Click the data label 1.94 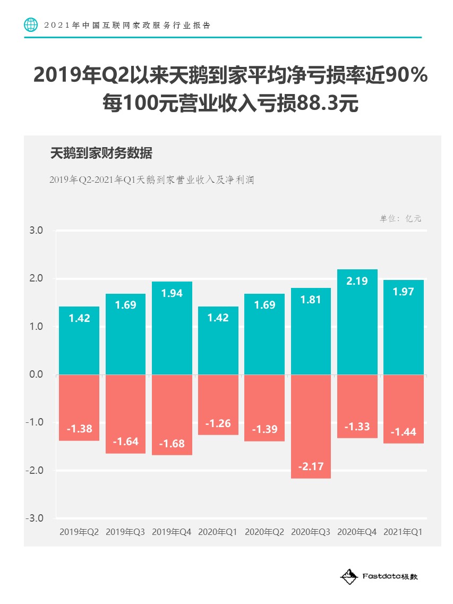coord(172,293)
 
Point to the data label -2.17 coord(311,467)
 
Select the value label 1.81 coord(311,300)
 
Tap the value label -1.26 coord(218,423)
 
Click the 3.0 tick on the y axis coord(36,231)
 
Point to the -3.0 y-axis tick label coord(35,518)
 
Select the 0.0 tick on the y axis coord(36,375)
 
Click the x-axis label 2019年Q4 coord(172,532)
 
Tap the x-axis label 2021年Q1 coord(403,532)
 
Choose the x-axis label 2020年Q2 coord(264,532)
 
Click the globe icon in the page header coord(31,25)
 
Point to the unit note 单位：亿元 coord(400,218)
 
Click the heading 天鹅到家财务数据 coord(101,154)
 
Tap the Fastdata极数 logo coord(379,576)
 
